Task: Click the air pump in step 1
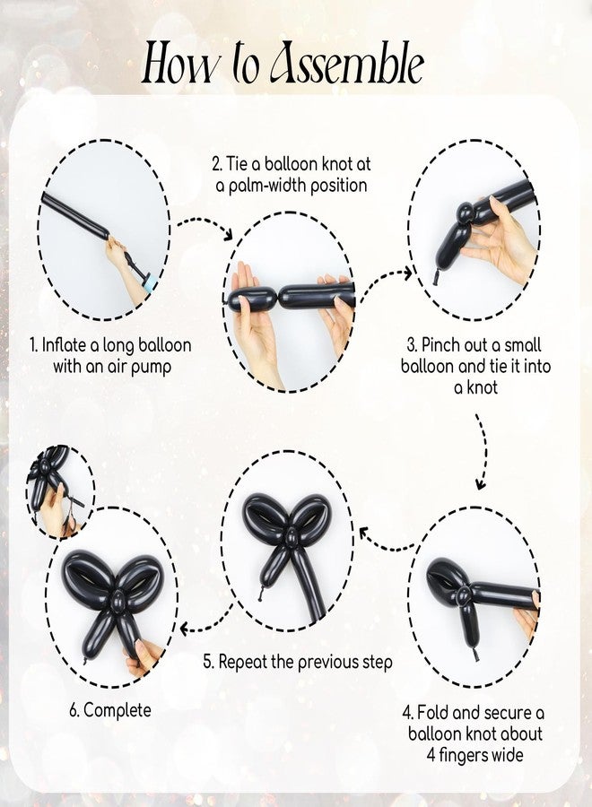[140, 268]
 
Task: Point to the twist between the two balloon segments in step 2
[278, 298]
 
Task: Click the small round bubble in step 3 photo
[466, 213]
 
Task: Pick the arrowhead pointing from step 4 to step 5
[365, 534]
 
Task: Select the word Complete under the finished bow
[118, 710]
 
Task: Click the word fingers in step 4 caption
[465, 755]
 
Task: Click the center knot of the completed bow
[118, 601]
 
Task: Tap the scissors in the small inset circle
[72, 511]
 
